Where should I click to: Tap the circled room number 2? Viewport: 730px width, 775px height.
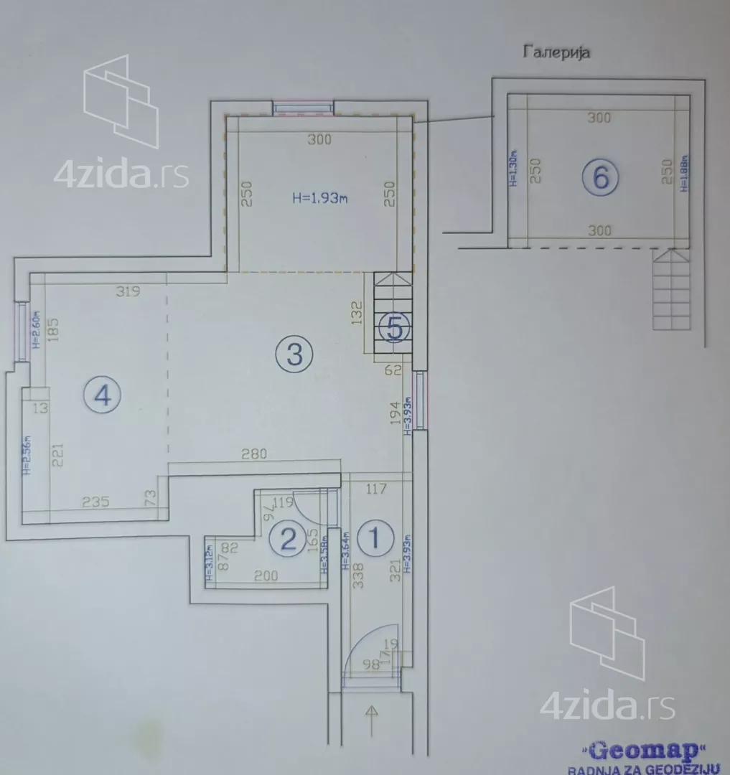tap(289, 538)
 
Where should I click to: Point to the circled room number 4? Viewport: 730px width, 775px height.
tap(103, 395)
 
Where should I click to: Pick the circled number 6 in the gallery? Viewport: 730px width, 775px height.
tap(600, 177)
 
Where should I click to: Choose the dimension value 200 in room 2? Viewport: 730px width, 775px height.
tap(266, 576)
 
